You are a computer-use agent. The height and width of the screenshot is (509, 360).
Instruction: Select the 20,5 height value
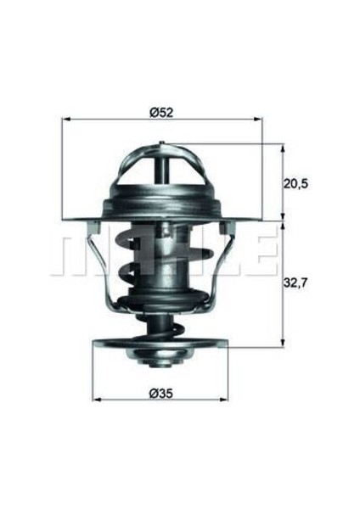click(295, 183)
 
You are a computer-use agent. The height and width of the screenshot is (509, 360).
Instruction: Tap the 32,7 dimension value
click(295, 287)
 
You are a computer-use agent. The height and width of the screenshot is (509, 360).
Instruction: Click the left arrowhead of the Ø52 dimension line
click(65, 121)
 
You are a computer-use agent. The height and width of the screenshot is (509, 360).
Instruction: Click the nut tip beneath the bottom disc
click(160, 364)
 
